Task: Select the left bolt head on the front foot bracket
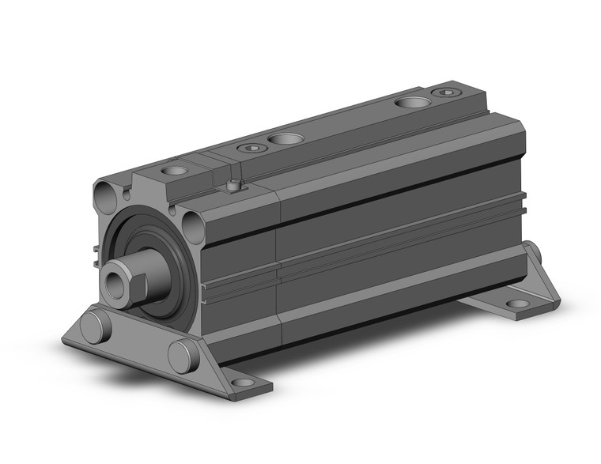pyautogui.click(x=94, y=326)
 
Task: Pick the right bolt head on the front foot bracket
pyautogui.click(x=183, y=355)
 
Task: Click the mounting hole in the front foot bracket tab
pyautogui.click(x=244, y=383)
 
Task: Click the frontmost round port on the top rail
pyautogui.click(x=174, y=170)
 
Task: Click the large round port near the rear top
pyautogui.click(x=410, y=102)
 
